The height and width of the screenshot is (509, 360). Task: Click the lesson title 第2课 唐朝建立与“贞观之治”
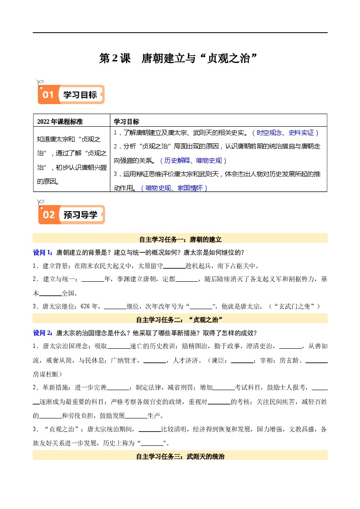[x=180, y=59]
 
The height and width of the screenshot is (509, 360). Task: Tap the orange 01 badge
[x=48, y=94]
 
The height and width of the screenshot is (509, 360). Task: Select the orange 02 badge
[x=48, y=214]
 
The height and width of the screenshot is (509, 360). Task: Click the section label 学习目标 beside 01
[x=80, y=95]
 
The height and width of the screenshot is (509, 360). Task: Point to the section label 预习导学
[x=80, y=215]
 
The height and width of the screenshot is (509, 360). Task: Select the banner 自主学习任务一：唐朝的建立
[x=180, y=239]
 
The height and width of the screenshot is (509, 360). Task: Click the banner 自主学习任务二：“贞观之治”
[x=180, y=320]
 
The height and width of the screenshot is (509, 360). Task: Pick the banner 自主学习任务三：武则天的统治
[x=180, y=456]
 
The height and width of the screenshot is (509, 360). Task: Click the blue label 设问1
[x=43, y=253]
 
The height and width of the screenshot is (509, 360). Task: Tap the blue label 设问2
[x=43, y=333]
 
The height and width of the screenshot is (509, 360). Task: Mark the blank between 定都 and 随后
[x=187, y=280]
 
